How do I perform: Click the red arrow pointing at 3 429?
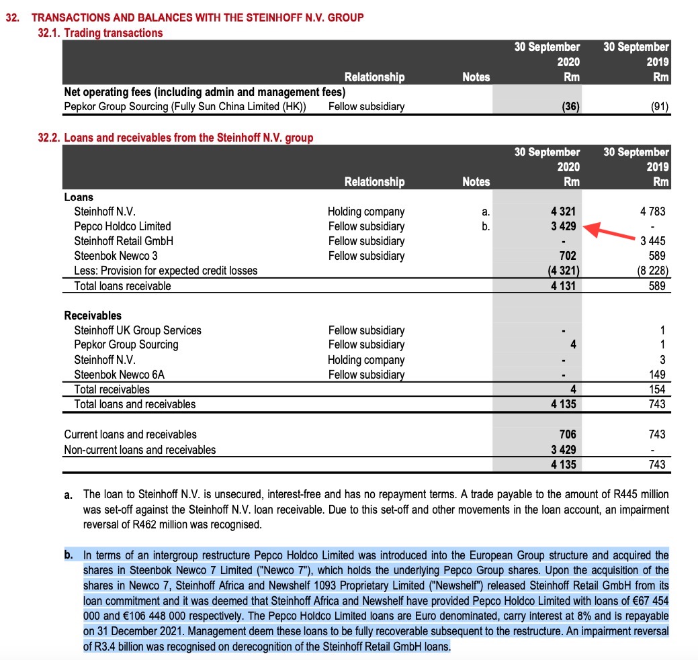click(611, 232)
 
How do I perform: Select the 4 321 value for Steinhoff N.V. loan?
click(563, 211)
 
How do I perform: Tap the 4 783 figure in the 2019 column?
click(652, 211)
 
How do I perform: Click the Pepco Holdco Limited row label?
click(122, 226)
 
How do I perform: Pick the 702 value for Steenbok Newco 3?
click(568, 256)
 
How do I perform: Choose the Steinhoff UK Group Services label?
click(137, 330)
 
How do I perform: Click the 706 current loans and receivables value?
click(568, 434)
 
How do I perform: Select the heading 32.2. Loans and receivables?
click(175, 138)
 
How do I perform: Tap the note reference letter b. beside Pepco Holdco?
click(486, 226)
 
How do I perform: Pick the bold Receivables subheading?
click(93, 316)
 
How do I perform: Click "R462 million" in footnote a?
click(209, 524)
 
